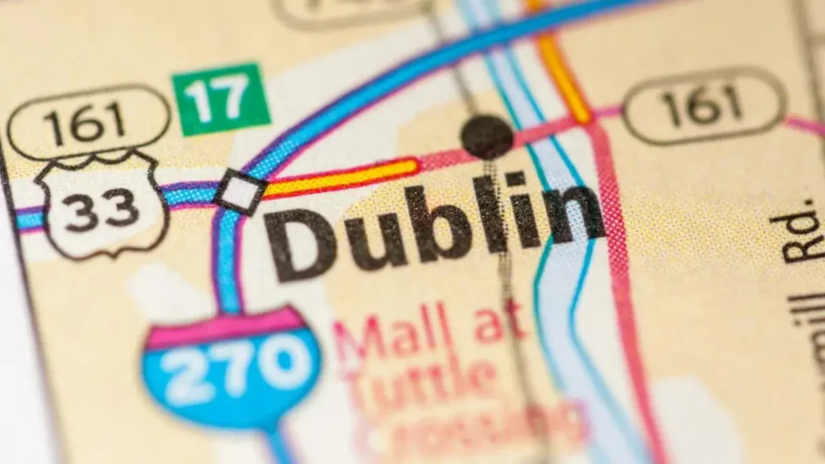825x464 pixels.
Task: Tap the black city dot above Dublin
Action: pos(487,136)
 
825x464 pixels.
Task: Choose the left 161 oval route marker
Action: pos(88,122)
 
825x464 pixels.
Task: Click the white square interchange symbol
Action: pos(241,192)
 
